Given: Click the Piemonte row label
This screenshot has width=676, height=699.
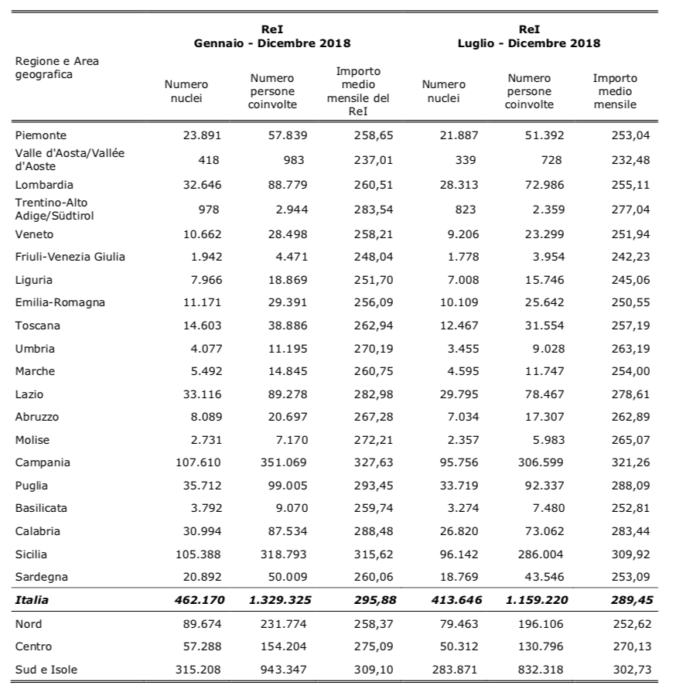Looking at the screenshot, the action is [40, 135].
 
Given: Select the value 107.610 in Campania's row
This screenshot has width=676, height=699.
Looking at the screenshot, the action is [198, 462].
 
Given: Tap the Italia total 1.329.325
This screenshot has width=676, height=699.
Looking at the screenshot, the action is [280, 600].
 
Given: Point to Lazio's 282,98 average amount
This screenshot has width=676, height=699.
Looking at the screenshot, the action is [374, 394].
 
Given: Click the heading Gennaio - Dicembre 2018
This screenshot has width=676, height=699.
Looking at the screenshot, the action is [272, 43].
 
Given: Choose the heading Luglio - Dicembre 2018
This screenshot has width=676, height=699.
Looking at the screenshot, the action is [529, 43].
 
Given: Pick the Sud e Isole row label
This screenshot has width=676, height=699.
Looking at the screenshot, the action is [46, 670].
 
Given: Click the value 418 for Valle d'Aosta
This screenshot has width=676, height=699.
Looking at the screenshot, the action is [209, 160].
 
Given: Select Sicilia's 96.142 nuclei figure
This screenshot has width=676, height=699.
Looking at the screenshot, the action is [459, 554].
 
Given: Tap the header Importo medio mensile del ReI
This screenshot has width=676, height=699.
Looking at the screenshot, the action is [358, 91].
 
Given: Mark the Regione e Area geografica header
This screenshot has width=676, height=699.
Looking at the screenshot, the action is [57, 68].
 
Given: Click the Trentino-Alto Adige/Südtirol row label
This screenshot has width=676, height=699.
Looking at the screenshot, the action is [54, 209].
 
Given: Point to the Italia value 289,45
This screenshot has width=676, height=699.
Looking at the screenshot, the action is [631, 600].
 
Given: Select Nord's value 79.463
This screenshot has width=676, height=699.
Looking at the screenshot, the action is [459, 624].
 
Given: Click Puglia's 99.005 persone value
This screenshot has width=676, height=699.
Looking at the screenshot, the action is [288, 486].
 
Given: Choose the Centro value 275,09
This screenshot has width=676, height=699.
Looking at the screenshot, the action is [374, 646].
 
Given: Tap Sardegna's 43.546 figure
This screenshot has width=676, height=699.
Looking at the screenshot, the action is [545, 577].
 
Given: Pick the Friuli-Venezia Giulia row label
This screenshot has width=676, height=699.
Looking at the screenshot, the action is [70, 257].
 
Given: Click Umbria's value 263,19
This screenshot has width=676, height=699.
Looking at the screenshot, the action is [630, 349].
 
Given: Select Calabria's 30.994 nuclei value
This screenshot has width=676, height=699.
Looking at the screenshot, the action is [202, 531].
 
